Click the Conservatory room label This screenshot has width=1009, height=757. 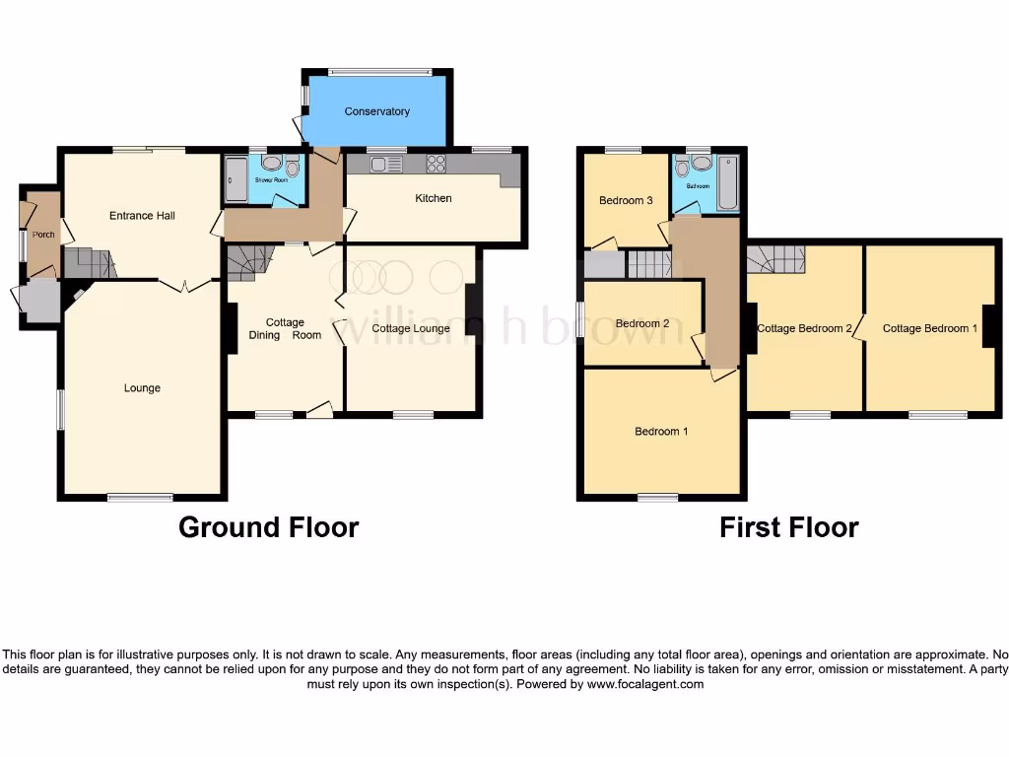point(376,111)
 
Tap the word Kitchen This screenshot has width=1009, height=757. point(433,198)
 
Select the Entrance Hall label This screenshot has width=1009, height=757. point(142,215)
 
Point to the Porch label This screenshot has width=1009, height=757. point(43,235)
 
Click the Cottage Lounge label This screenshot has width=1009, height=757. point(412,328)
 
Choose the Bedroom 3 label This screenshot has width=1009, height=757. point(626,200)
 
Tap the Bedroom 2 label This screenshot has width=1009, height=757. point(641,323)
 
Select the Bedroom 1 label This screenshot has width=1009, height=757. point(661,431)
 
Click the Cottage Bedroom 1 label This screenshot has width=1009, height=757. point(929,328)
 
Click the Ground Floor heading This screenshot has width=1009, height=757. point(268,527)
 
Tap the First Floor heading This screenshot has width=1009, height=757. point(788,527)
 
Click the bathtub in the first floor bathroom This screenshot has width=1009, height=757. point(727,183)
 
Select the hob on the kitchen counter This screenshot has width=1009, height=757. point(435,165)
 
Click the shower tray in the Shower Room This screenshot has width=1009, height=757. point(236,180)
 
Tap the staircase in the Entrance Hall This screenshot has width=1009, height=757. point(89,262)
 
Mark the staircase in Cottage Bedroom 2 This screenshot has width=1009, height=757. point(776,259)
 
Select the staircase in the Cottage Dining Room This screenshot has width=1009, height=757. point(249,262)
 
